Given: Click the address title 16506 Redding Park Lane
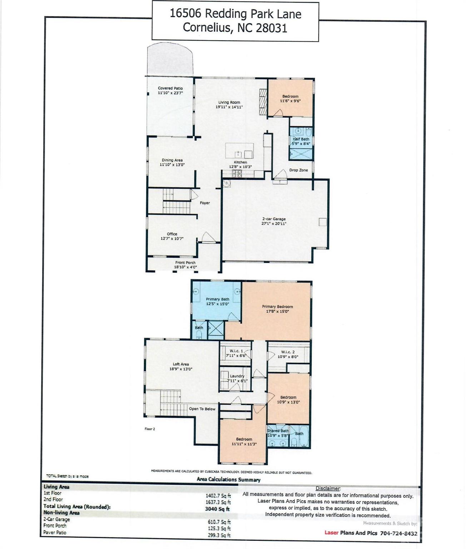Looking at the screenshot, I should click(x=235, y=14).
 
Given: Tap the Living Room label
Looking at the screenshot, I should click(x=229, y=102).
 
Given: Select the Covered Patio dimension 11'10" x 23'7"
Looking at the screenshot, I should click(x=170, y=93).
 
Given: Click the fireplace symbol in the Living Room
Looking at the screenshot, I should click(x=263, y=102).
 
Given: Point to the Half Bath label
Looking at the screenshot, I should click(x=301, y=139).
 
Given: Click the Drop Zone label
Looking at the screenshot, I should click(x=298, y=170).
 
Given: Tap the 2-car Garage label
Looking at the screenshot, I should click(x=274, y=219).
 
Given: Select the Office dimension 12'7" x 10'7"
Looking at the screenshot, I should click(x=172, y=239).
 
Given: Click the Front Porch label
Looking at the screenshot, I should click(x=185, y=263).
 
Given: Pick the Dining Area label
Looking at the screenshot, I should click(x=172, y=160).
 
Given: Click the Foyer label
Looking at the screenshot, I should click(x=205, y=203).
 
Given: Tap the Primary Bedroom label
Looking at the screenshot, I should click(x=277, y=307).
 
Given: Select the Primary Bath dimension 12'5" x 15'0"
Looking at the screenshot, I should click(x=217, y=304).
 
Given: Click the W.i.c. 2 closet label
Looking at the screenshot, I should click(x=288, y=352).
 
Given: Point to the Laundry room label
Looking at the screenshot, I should click(x=237, y=376).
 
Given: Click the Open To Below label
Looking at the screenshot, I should click(x=202, y=409).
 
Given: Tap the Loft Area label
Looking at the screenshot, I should click(x=181, y=364).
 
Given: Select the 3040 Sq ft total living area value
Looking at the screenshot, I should click(x=217, y=509).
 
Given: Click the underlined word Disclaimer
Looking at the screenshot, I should click(x=328, y=488).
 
